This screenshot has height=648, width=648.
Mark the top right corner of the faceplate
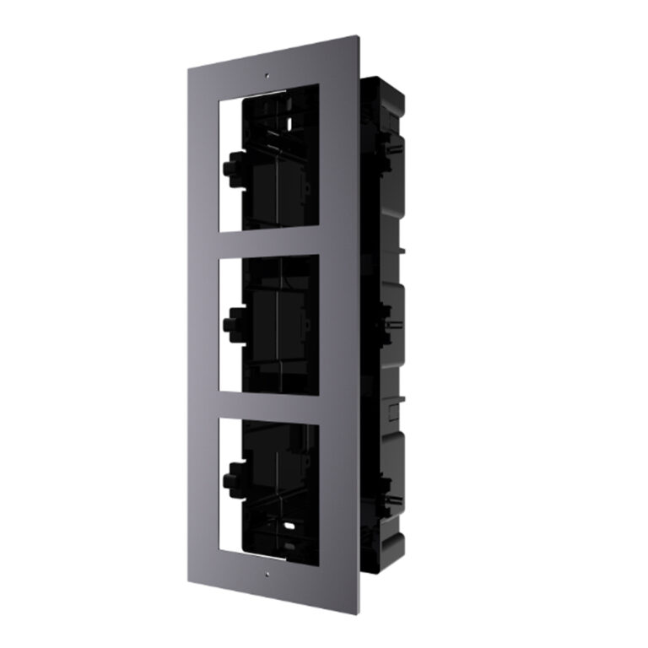[355, 35]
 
